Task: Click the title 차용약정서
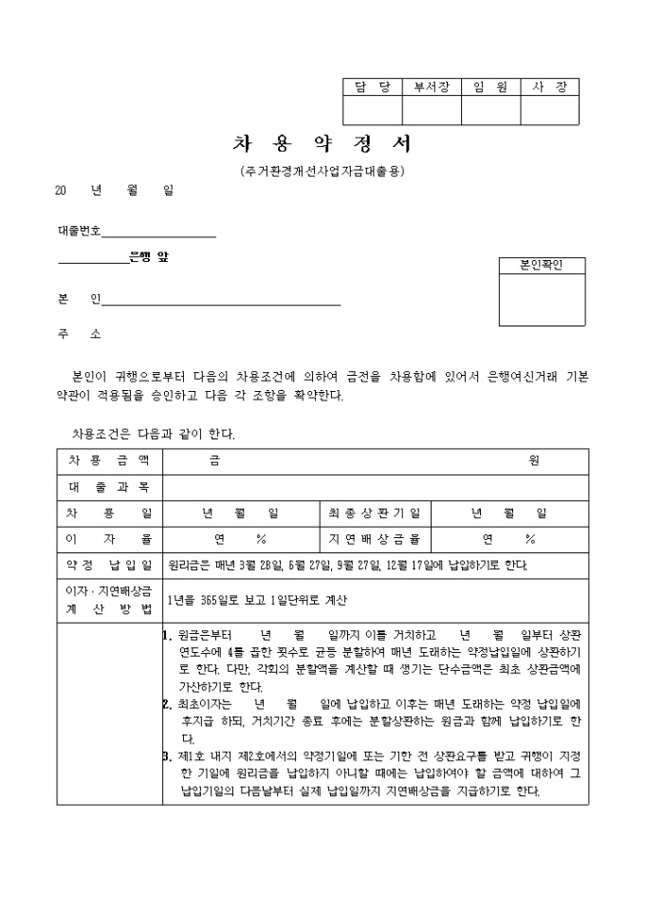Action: pos(322,144)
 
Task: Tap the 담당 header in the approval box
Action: pos(372,87)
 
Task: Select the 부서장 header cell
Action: pos(432,87)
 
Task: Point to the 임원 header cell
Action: pos(490,87)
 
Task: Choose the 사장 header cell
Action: pos(549,87)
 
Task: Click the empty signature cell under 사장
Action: pos(549,111)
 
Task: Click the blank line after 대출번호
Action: pos(158,232)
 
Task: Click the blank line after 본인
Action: pos(220,301)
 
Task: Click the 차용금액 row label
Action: pos(109,460)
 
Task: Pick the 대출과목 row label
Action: pos(109,487)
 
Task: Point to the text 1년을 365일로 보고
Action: pos(214,600)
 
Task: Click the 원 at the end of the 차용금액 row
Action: pos(534,460)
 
